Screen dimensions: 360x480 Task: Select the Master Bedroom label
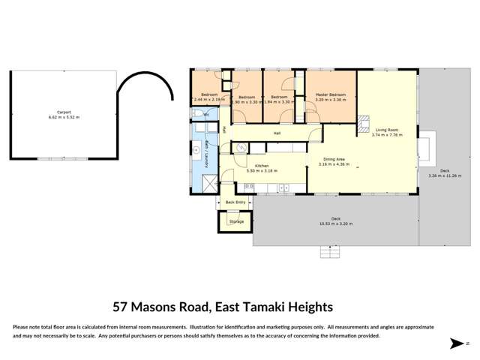pyautogui.click(x=330, y=97)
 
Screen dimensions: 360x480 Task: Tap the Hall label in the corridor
pyautogui.click(x=277, y=133)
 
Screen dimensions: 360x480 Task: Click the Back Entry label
pyautogui.click(x=235, y=202)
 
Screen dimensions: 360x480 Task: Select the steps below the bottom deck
pyautogui.click(x=330, y=251)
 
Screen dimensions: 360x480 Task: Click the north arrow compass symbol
pyautogui.click(x=455, y=343)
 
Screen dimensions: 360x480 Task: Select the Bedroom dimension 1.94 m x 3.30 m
pyautogui.click(x=278, y=101)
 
